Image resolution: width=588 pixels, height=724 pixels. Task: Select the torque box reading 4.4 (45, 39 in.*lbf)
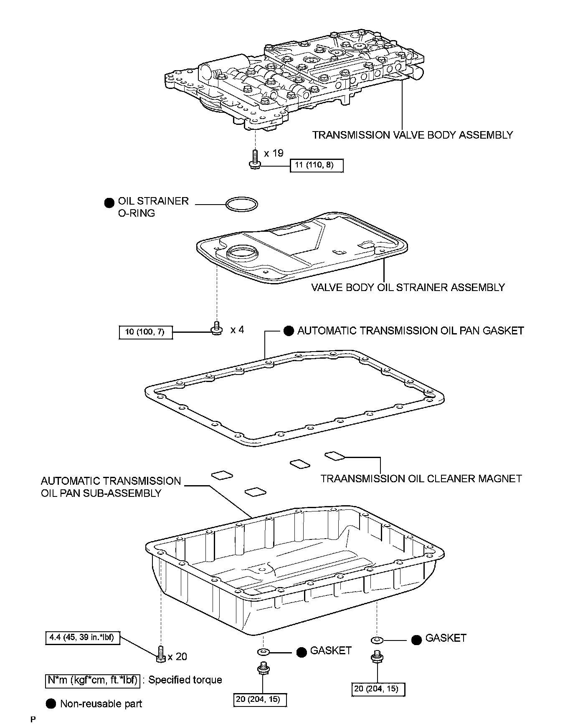(x=82, y=638)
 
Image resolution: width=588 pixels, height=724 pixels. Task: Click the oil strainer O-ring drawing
(x=241, y=204)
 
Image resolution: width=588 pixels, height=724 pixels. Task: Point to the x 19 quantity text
(x=274, y=153)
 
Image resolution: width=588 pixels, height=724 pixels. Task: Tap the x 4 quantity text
(x=237, y=330)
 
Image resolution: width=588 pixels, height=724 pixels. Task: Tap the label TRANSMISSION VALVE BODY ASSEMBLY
(x=413, y=135)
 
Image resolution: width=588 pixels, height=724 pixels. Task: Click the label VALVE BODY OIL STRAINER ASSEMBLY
(x=408, y=287)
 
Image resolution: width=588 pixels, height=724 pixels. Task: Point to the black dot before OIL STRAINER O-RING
(x=109, y=203)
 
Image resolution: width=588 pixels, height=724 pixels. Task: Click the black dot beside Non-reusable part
(x=51, y=704)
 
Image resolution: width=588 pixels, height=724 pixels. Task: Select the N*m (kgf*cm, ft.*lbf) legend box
(x=92, y=680)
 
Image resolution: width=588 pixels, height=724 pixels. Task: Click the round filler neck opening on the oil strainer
(x=242, y=253)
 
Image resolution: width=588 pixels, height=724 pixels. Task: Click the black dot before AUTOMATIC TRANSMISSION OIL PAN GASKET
(x=289, y=331)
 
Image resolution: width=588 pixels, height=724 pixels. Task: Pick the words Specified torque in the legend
(x=185, y=680)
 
